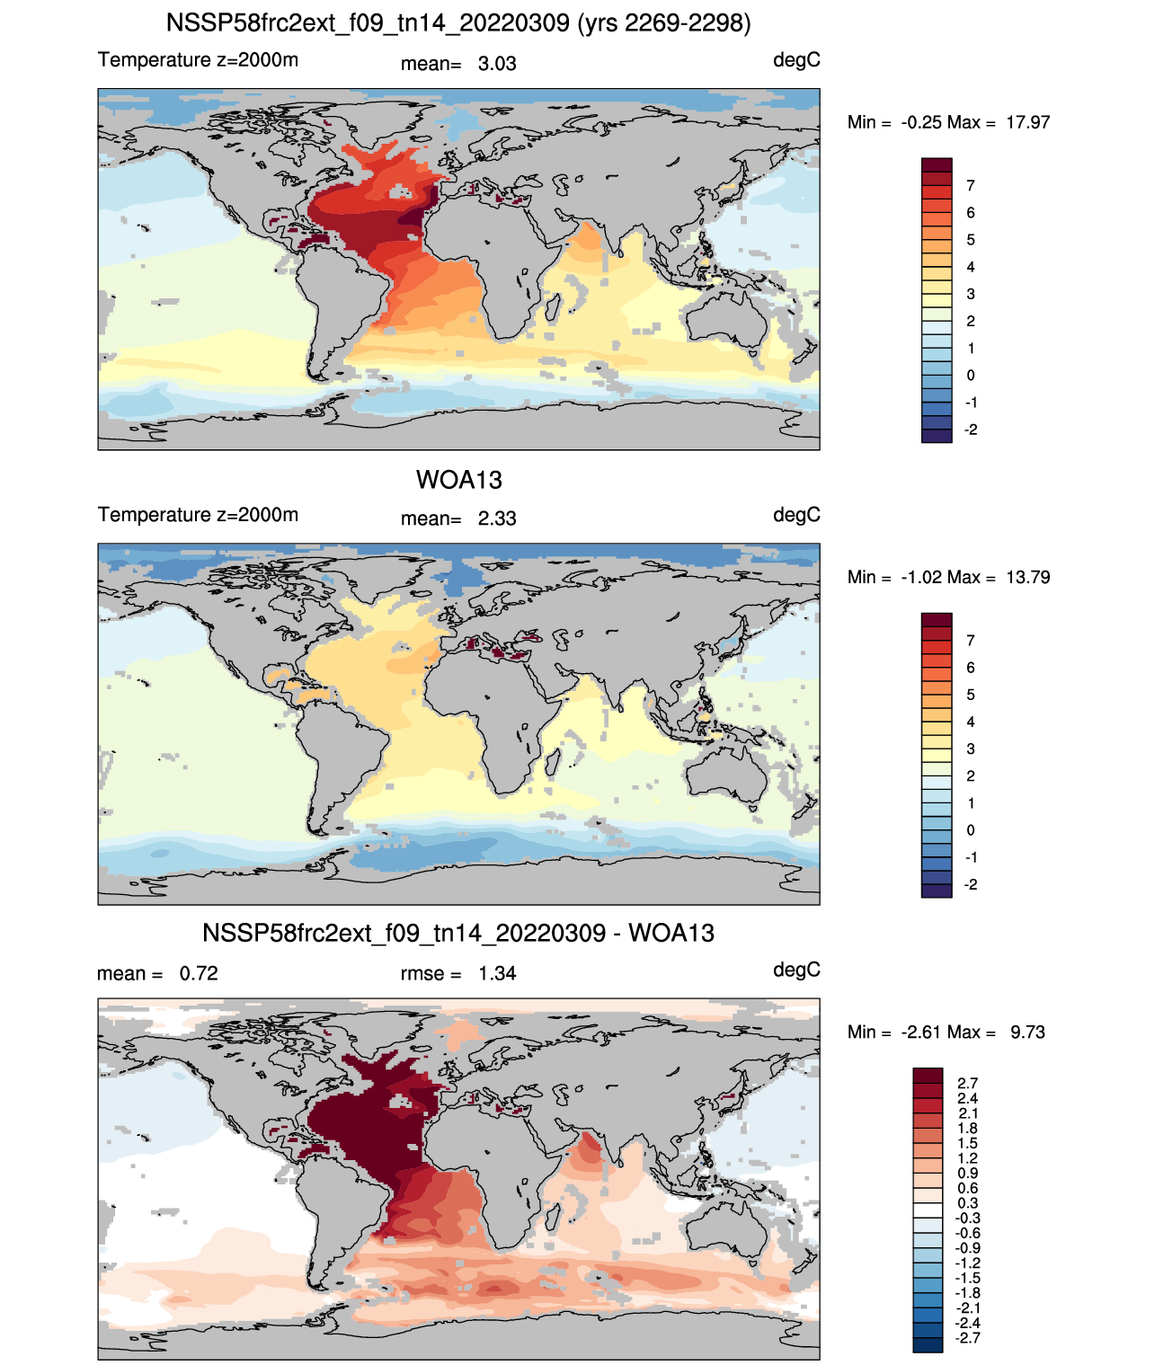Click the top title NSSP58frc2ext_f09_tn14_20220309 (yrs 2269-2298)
(x=458, y=23)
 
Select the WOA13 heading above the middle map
(x=459, y=480)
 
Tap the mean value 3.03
(x=496, y=64)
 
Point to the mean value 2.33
(x=496, y=519)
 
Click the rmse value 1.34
(x=496, y=974)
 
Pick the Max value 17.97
(x=1027, y=123)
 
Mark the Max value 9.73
(x=1027, y=1033)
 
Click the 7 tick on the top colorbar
(x=970, y=186)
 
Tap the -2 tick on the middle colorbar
(x=970, y=885)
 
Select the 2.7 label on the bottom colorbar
(x=967, y=1084)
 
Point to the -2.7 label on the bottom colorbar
(x=967, y=1339)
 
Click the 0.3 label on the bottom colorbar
(x=967, y=1203)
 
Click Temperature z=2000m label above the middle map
(x=198, y=515)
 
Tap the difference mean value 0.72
(x=199, y=974)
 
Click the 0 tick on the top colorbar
(x=970, y=376)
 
